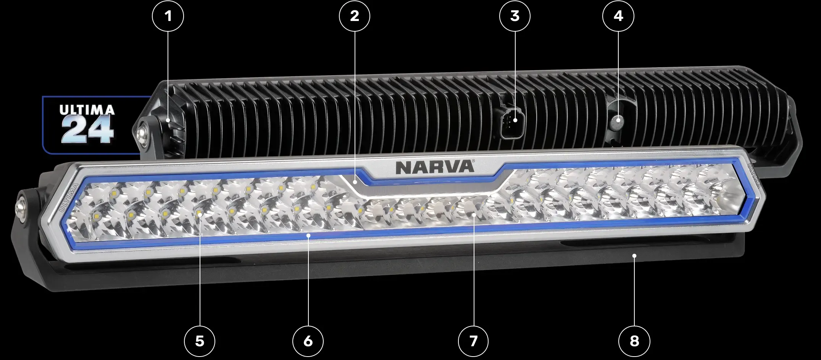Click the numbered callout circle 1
tap(168, 16)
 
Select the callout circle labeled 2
tap(355, 16)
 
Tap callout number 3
tap(515, 16)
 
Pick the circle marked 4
tap(618, 16)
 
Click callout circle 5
tap(200, 341)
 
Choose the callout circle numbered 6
tap(308, 341)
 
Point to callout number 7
tap(473, 341)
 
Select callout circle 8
tap(634, 341)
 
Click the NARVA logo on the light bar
tap(435, 167)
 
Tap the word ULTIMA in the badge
tap(87, 110)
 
